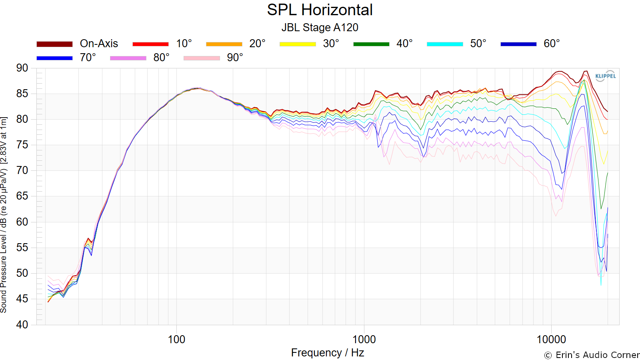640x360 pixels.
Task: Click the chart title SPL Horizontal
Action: [x=320, y=10]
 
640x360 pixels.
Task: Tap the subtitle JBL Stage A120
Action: [x=320, y=28]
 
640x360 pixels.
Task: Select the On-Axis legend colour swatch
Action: [x=54, y=44]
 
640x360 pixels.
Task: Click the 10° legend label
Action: [x=184, y=44]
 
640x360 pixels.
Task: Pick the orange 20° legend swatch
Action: [x=224, y=44]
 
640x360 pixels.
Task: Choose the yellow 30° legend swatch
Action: [x=298, y=44]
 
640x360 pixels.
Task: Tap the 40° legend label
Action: [x=404, y=44]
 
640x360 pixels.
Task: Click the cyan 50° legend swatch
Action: [x=445, y=44]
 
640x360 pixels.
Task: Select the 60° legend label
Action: [x=552, y=44]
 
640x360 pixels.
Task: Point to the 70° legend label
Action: [x=88, y=58]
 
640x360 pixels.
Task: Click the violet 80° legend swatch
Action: [x=128, y=58]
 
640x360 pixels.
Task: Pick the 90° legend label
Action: [x=235, y=58]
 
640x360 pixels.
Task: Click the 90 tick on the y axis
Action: [x=22, y=68]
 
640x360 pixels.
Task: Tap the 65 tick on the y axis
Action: [x=22, y=196]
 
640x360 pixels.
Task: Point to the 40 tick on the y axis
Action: [x=22, y=324]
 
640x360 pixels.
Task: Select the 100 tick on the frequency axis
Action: [x=176, y=340]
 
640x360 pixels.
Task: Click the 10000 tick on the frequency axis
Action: [x=551, y=340]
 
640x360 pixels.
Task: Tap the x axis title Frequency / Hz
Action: [x=328, y=353]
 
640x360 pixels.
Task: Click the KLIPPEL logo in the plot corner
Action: [x=606, y=76]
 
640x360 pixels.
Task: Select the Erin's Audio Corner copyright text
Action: [x=592, y=355]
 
